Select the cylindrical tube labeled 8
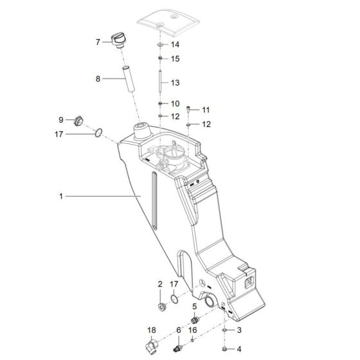coord(127,80)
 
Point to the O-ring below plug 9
coord(98,134)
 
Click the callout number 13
coord(175,83)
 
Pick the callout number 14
coord(175,44)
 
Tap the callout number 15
coord(175,59)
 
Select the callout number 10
coord(175,104)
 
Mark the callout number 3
coord(239,330)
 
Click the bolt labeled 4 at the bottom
coord(223,348)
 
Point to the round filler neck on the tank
coord(141,133)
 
